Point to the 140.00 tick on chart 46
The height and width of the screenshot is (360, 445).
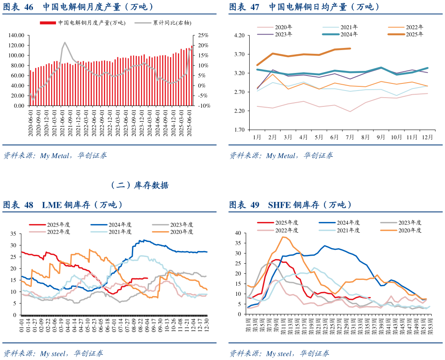click(17, 35)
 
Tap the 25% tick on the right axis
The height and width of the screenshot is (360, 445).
click(203, 35)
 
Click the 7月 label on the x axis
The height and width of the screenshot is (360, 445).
click(350, 136)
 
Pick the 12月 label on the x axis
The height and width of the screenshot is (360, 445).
click(427, 136)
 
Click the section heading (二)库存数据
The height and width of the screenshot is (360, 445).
click(139, 185)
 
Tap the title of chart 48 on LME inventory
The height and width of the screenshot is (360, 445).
click(63, 205)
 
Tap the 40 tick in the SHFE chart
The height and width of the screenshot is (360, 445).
click(238, 233)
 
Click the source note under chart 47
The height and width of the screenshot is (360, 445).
click(281, 156)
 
